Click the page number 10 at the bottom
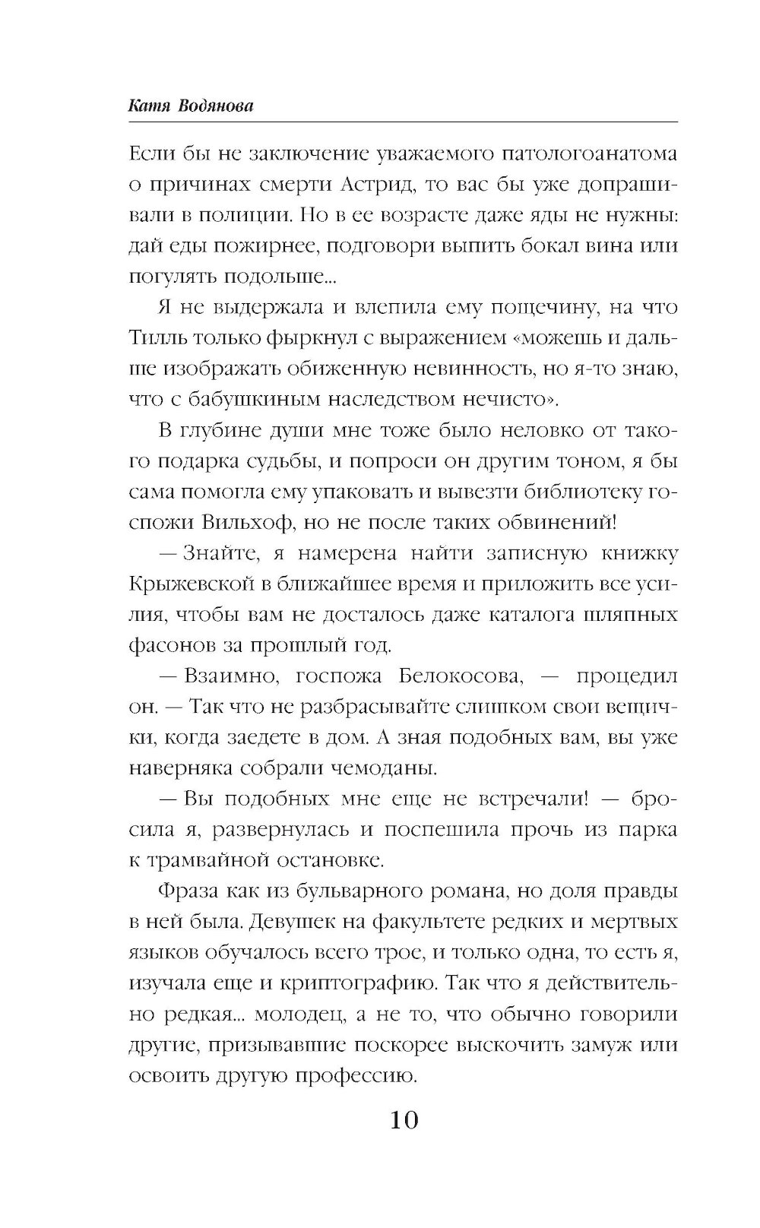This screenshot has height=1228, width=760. (x=404, y=1120)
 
